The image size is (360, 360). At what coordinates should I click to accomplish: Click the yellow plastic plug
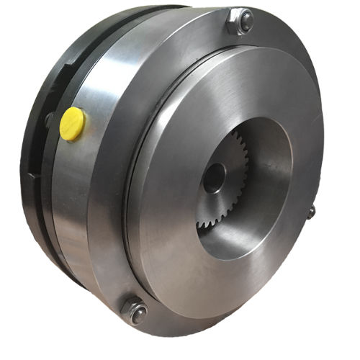[x=72, y=123]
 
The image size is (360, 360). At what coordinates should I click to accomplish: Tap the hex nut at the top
[x=240, y=22]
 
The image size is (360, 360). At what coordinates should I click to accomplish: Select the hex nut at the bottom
[x=134, y=311]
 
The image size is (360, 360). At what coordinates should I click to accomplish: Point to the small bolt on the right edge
[x=311, y=212]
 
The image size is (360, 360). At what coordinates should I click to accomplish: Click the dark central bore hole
[x=213, y=177]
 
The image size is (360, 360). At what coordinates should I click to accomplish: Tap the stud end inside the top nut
[x=246, y=20]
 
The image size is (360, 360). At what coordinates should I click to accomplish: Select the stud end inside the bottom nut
[x=138, y=313]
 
